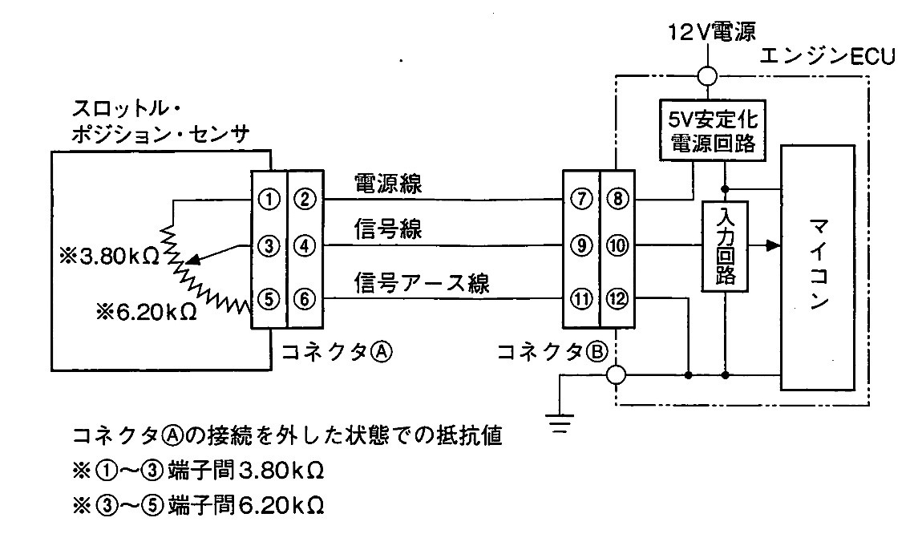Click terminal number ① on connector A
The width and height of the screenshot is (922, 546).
coord(269,200)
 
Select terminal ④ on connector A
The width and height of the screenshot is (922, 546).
coord(305,245)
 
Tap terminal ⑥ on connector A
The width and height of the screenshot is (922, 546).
coord(305,299)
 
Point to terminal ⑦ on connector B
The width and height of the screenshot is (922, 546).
coord(581,200)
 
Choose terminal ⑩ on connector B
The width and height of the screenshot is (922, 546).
coord(617,245)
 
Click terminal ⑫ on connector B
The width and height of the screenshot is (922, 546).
coord(617,299)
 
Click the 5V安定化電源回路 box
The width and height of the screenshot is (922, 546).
coord(714,130)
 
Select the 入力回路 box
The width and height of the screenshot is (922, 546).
coord(725,246)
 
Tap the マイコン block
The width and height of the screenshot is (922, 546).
coord(817,268)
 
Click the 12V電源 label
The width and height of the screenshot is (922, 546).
coord(711,32)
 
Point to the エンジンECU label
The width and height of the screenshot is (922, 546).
coord(827,56)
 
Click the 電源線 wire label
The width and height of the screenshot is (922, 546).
coord(387,183)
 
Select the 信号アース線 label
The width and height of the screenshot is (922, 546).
coord(422,283)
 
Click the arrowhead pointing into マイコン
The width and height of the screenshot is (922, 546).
coord(773,245)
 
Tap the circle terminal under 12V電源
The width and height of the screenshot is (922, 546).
coord(707,76)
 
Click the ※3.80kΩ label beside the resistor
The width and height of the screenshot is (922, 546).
coord(109,257)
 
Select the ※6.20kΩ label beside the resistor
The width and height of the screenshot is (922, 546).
coord(146,312)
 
